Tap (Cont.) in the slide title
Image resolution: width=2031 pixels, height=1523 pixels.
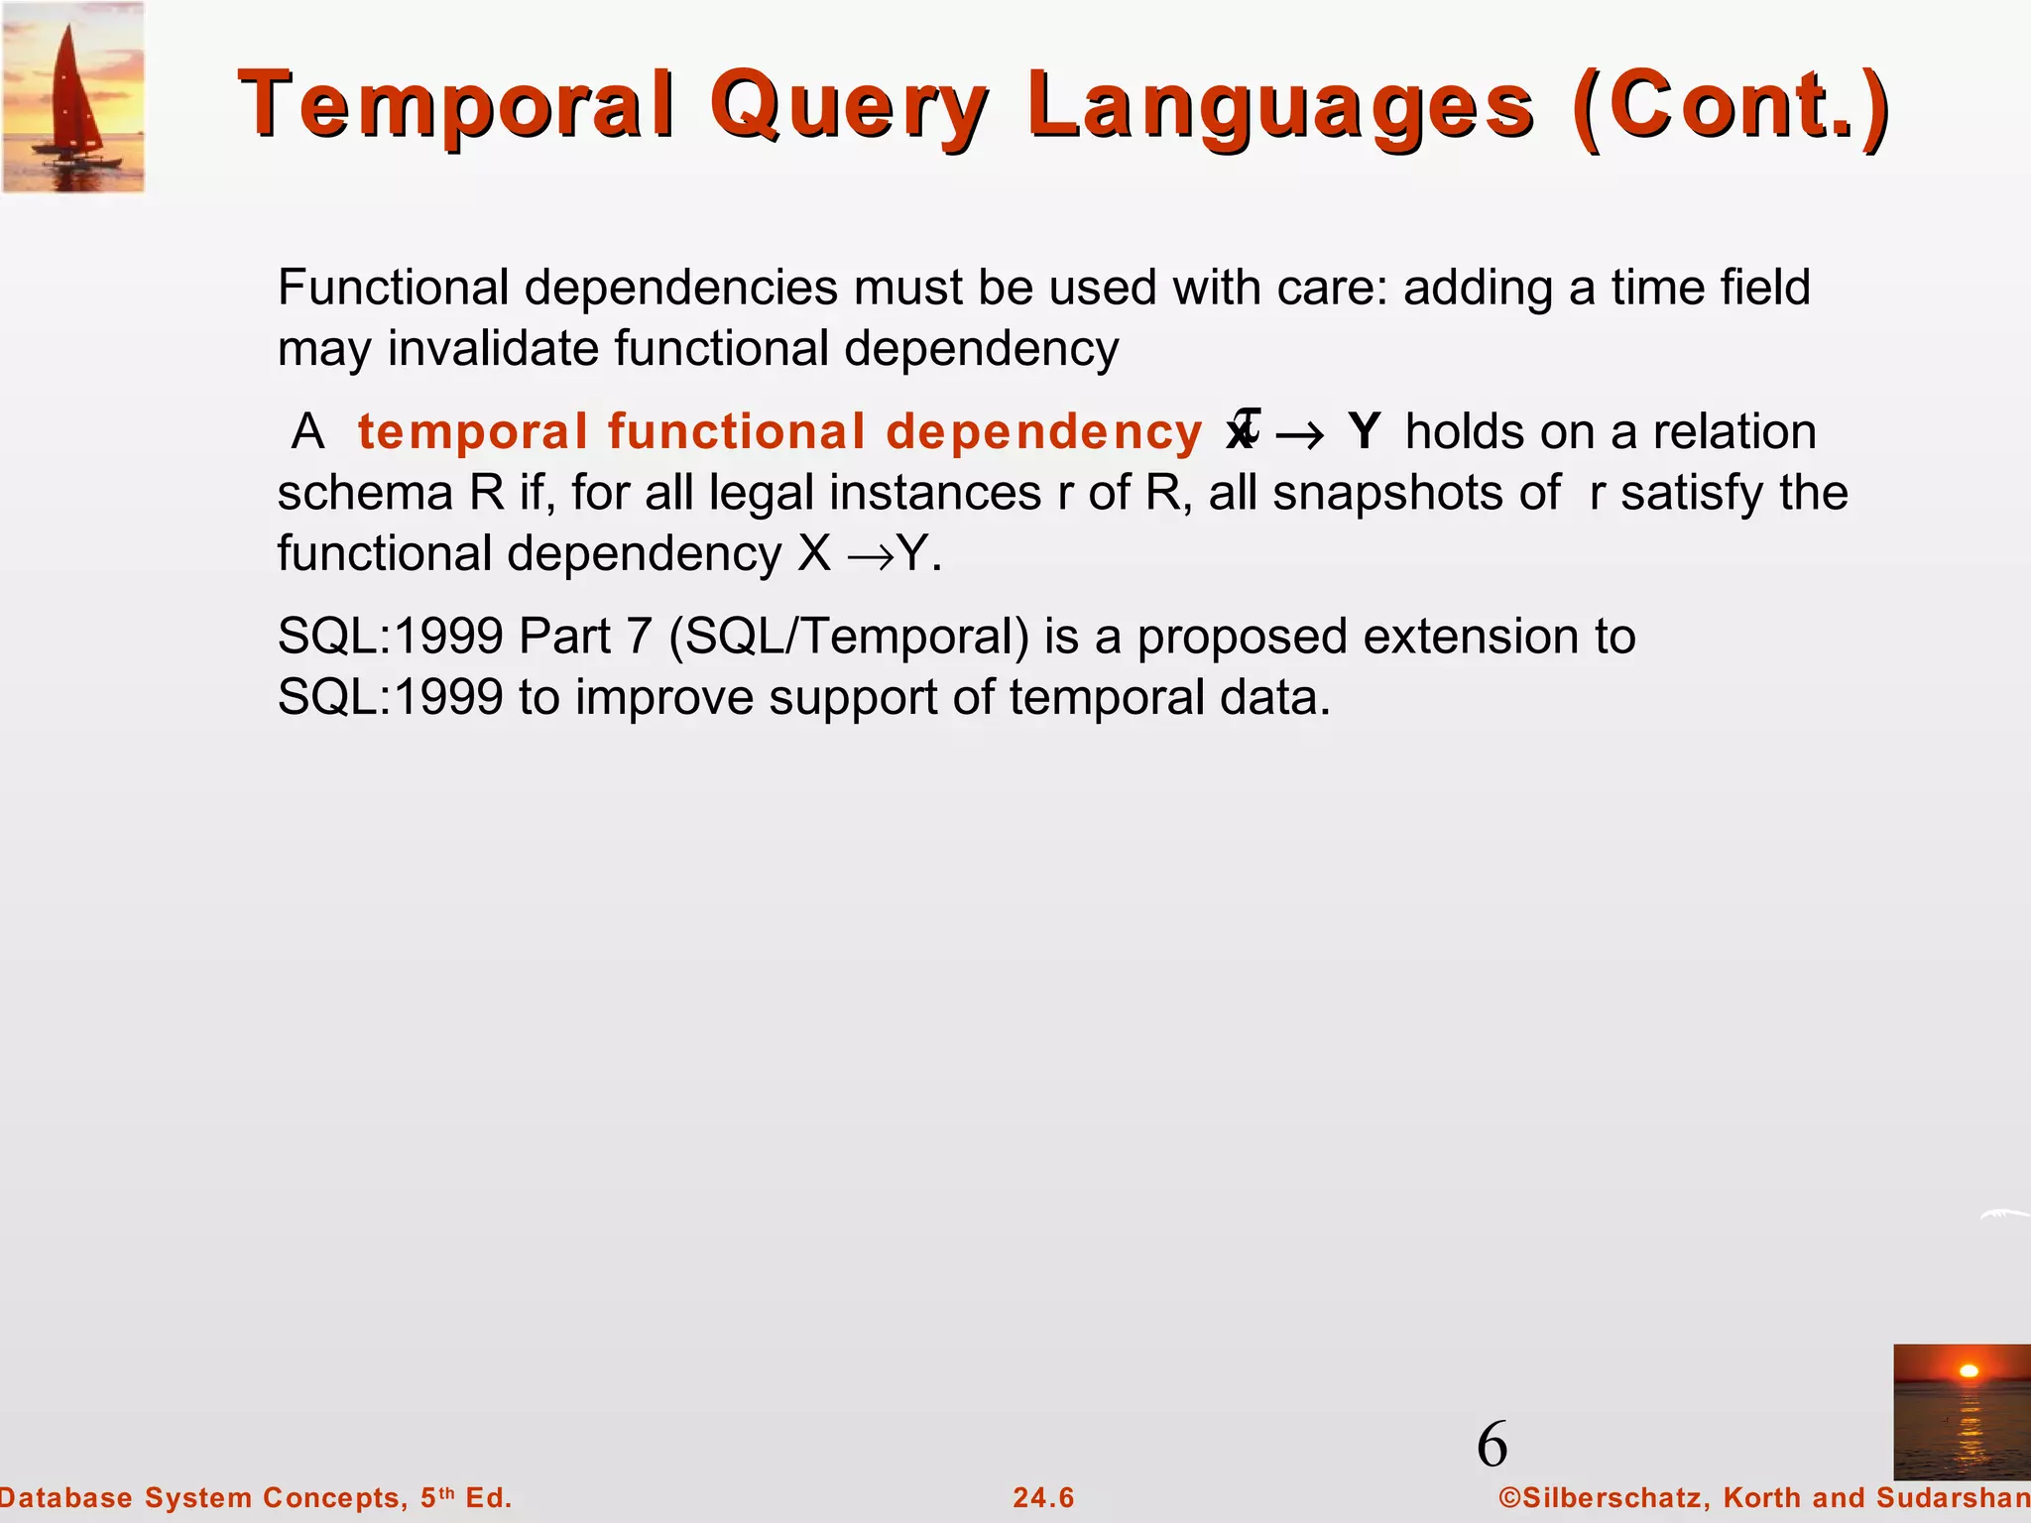(x=1732, y=106)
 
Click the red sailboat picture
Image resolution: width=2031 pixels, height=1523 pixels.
(x=73, y=97)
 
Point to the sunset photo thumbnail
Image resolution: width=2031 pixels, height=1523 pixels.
(x=1961, y=1412)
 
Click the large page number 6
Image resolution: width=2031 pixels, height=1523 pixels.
(x=1492, y=1445)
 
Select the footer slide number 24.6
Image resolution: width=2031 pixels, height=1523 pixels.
(x=1043, y=1497)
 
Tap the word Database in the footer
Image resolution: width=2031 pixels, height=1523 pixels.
(x=65, y=1497)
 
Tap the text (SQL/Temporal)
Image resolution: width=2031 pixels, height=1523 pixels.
(x=849, y=637)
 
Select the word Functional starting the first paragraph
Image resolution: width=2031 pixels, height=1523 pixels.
(x=393, y=289)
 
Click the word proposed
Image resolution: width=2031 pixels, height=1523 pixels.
(x=1242, y=637)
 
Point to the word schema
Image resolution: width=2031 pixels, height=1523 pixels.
(x=365, y=493)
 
